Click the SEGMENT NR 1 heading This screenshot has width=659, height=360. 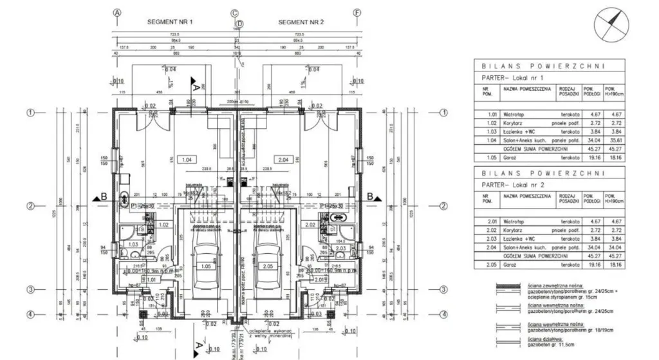pos(170,21)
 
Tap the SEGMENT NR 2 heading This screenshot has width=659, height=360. pos(301,21)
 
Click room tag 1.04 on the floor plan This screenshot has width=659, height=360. pos(187,158)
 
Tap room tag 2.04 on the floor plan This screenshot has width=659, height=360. pos(284,158)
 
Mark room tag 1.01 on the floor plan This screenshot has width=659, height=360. pos(152,279)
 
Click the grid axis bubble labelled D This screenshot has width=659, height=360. pos(239,24)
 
